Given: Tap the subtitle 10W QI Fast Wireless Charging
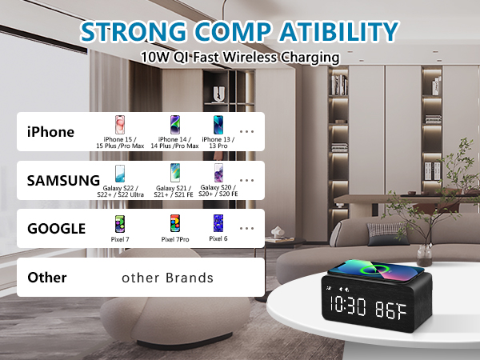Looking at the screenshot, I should point(239,58).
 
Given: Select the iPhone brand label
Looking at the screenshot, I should point(50,132).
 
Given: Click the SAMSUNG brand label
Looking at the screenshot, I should point(63,180).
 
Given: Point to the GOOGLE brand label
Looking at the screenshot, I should point(56,228).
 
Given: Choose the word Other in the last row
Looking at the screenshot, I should point(47,278).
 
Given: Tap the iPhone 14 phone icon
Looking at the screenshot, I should point(174,126).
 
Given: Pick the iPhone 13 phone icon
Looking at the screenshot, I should point(218,126).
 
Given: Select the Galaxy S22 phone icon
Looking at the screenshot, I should point(121,174).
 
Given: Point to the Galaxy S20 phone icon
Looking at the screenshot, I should point(218,174).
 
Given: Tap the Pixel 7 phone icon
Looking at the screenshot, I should point(121,223).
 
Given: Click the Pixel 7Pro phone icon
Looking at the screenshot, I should point(174,223).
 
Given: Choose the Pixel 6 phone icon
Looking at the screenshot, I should point(217,222).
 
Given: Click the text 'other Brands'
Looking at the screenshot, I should point(167,278).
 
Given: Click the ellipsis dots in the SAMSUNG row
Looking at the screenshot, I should point(247,181).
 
